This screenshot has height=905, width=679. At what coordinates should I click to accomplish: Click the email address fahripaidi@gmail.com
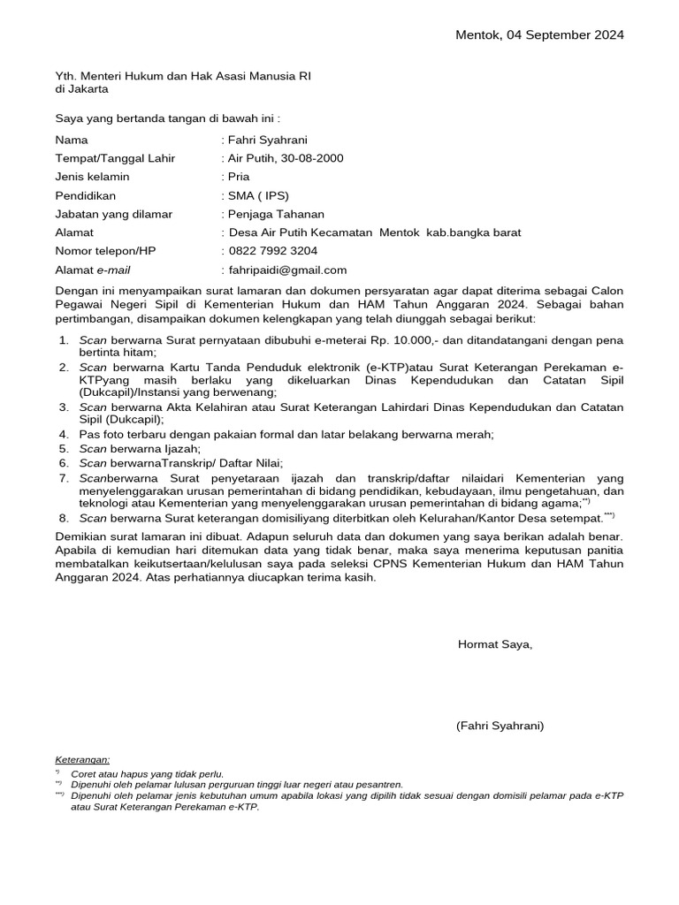(287, 270)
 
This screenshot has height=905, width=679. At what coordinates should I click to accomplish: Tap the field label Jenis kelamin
(92, 177)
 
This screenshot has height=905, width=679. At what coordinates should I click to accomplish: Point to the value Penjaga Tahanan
(276, 214)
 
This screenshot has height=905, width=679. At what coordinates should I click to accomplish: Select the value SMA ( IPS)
(258, 195)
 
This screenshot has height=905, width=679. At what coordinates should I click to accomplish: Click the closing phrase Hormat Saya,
(495, 644)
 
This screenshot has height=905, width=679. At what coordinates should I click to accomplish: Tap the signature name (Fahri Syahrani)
(500, 726)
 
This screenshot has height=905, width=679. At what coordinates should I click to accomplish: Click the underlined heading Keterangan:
(82, 759)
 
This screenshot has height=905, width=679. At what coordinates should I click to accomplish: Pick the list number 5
(64, 448)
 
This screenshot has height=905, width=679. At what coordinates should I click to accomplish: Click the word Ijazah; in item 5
(180, 448)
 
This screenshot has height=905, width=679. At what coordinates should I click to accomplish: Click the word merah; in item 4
(474, 434)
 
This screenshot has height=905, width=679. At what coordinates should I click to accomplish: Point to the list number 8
(64, 519)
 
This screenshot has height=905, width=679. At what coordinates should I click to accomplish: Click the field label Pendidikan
(86, 195)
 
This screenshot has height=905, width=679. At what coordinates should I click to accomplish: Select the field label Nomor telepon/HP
(105, 251)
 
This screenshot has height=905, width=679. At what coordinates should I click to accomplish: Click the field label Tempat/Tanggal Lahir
(115, 158)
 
